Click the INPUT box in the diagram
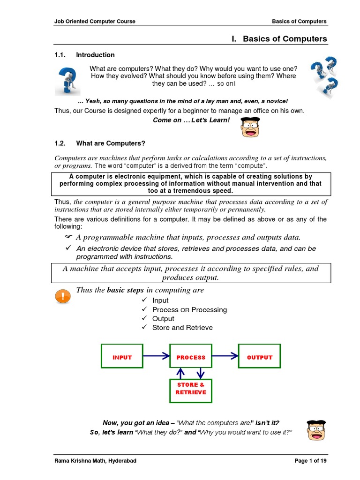pos(122,357)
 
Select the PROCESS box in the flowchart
pos(191,357)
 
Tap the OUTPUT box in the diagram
pos(259,357)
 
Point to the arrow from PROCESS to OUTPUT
pos(225,356)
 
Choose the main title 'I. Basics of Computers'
pos(279,39)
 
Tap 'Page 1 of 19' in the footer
pos(310,461)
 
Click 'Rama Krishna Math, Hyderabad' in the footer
pos(96,461)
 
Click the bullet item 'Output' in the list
pos(163,319)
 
